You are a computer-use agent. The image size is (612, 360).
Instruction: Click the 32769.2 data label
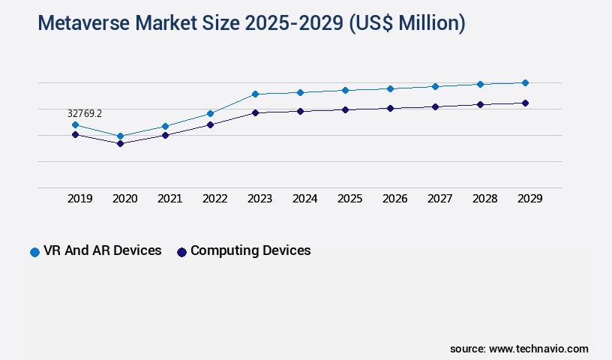(84, 113)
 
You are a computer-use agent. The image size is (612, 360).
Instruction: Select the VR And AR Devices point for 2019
(75, 124)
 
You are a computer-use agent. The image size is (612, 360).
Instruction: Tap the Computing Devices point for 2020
(120, 143)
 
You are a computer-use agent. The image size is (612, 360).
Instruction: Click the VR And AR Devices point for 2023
(255, 94)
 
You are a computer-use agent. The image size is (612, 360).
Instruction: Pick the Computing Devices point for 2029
(525, 103)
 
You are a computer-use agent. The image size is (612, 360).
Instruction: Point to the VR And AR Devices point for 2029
(525, 82)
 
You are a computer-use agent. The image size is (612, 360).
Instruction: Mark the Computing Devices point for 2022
(210, 124)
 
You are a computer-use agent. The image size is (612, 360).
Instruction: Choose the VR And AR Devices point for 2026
(390, 88)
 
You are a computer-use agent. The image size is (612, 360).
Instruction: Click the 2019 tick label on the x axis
(80, 199)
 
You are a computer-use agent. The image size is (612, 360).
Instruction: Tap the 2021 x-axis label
(170, 199)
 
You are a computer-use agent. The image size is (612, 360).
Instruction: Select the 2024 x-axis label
(305, 199)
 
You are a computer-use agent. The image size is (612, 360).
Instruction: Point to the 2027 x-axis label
(440, 199)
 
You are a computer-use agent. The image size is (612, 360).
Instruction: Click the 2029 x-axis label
(530, 199)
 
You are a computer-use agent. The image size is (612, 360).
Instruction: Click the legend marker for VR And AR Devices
(34, 252)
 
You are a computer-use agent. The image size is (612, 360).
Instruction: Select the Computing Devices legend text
(250, 250)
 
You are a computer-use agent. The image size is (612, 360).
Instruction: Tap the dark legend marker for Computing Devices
(181, 252)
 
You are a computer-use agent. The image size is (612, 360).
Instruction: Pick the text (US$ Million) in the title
(406, 23)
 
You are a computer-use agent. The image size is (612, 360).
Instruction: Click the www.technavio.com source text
(538, 349)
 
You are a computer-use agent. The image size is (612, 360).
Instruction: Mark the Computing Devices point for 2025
(345, 109)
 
